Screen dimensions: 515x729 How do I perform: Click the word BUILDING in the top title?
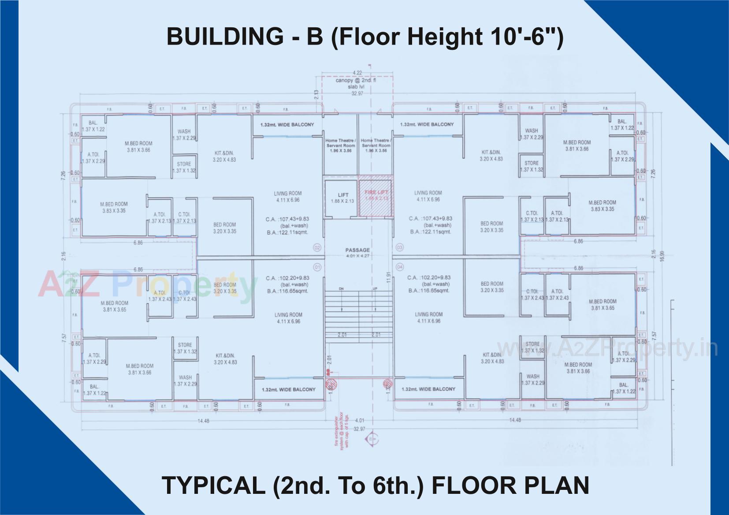225,36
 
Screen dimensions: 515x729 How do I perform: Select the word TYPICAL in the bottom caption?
212,485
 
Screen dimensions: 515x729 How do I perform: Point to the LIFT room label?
342,195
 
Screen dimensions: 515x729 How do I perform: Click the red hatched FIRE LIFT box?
375,198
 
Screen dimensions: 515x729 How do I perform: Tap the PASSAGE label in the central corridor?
357,250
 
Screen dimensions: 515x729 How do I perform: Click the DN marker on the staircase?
341,288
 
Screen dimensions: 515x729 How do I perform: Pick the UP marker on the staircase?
375,288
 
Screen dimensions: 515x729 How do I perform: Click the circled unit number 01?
316,267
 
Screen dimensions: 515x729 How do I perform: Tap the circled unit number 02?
316,248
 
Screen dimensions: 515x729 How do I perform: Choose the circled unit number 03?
400,248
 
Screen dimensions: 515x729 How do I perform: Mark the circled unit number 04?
400,267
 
